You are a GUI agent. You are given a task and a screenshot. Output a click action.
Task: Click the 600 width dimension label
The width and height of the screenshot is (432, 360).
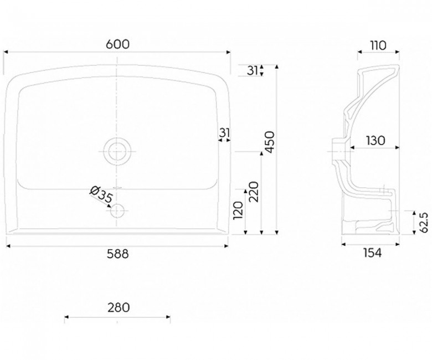(117, 44)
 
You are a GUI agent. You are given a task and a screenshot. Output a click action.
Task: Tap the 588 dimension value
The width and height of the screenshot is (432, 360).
(117, 254)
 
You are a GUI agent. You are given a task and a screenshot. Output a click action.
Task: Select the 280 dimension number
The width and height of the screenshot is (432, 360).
(119, 308)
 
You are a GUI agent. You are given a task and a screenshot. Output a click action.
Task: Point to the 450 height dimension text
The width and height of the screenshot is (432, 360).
(270, 142)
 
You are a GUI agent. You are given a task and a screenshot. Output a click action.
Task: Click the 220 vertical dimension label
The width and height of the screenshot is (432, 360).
(254, 192)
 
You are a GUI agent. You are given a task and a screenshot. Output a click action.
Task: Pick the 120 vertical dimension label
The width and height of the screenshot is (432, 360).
(238, 210)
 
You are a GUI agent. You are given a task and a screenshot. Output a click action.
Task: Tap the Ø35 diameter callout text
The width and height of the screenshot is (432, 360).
(101, 194)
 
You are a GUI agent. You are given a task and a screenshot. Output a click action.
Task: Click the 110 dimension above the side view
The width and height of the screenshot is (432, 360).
(378, 46)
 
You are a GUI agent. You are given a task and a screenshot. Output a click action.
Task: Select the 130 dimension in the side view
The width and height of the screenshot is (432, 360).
(376, 141)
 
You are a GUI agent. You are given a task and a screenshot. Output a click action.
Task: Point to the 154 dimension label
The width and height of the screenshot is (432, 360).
(372, 253)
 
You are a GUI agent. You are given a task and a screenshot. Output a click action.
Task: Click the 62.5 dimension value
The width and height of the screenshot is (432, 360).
(425, 222)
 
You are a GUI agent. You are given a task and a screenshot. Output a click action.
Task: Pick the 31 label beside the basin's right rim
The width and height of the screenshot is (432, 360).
(224, 133)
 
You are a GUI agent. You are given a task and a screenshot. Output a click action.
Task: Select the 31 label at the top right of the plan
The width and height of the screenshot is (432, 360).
(253, 70)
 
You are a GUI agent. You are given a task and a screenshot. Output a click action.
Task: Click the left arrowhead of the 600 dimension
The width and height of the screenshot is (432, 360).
(6, 52)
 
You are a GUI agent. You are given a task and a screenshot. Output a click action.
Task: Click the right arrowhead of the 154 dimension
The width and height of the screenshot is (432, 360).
(397, 244)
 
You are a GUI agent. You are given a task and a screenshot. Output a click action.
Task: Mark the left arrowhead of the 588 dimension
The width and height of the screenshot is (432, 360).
(8, 246)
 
